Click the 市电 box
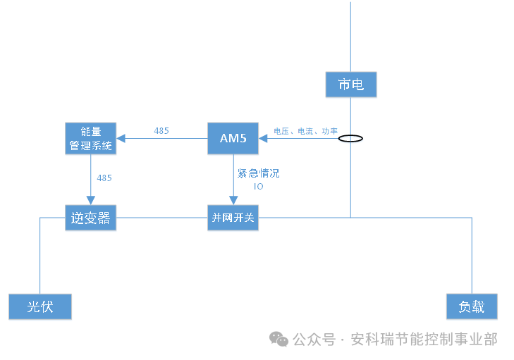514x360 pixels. pos(350,85)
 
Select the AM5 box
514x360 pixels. pos(233,138)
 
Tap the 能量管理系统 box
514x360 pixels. pos(90,139)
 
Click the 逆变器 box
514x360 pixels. pos(90,218)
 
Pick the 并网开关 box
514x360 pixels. pos(233,218)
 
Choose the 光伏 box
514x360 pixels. pos(40,307)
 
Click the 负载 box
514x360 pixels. pos(472,307)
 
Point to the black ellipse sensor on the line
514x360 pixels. pos(350,138)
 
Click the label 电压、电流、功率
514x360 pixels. pos(305,131)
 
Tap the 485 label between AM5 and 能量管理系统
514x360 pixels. pos(161,131)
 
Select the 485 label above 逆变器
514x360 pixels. pos(104,178)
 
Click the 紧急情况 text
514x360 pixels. pos(258,173)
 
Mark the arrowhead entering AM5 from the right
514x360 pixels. pos(263,138)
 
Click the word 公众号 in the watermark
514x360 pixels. pos(314,340)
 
